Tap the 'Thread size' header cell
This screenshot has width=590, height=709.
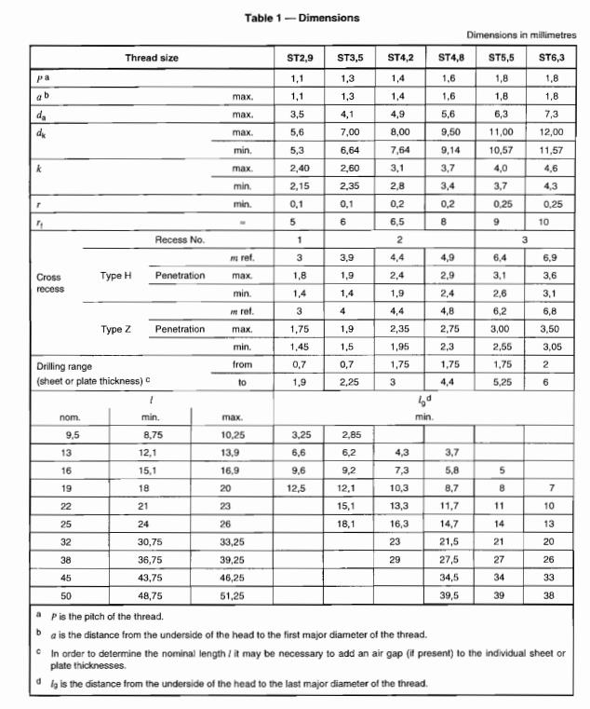pyautogui.click(x=152, y=58)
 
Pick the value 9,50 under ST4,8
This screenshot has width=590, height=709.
pyautogui.click(x=452, y=132)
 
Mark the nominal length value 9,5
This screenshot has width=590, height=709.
pyautogui.click(x=72, y=434)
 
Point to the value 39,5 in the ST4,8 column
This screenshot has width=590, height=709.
pyautogui.click(x=452, y=593)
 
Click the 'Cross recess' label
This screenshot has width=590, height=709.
pyautogui.click(x=49, y=283)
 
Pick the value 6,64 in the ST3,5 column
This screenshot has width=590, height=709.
pyautogui.click(x=350, y=150)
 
